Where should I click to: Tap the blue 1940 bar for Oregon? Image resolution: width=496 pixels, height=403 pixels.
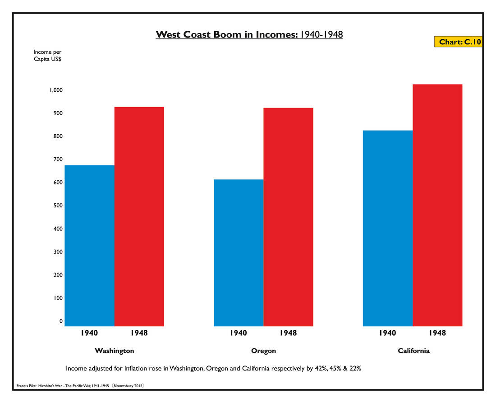[239, 253]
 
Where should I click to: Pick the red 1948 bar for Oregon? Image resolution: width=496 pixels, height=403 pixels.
[288, 216]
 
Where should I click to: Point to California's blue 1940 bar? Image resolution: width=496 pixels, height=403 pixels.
[388, 228]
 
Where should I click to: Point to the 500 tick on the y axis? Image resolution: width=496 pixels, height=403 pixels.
[57, 206]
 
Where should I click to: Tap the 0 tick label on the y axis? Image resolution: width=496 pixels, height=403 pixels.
[61, 321]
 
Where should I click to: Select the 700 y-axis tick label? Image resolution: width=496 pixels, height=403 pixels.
[57, 159]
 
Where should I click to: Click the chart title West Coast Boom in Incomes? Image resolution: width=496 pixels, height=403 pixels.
[249, 35]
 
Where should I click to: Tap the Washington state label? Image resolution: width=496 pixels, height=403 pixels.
[114, 351]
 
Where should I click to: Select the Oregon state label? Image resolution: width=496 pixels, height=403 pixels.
[263, 351]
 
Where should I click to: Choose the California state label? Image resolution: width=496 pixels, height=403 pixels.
[413, 351]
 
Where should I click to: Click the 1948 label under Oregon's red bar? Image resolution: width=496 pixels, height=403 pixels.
[288, 333]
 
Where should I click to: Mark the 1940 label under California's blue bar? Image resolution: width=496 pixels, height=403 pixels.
[387, 333]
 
